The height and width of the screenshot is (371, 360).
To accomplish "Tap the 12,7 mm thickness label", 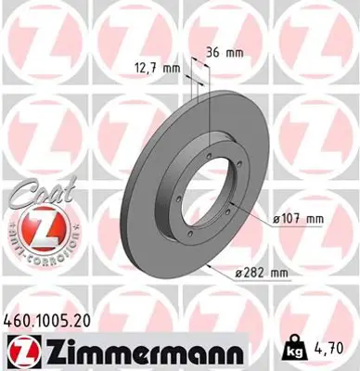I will click(157, 68).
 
